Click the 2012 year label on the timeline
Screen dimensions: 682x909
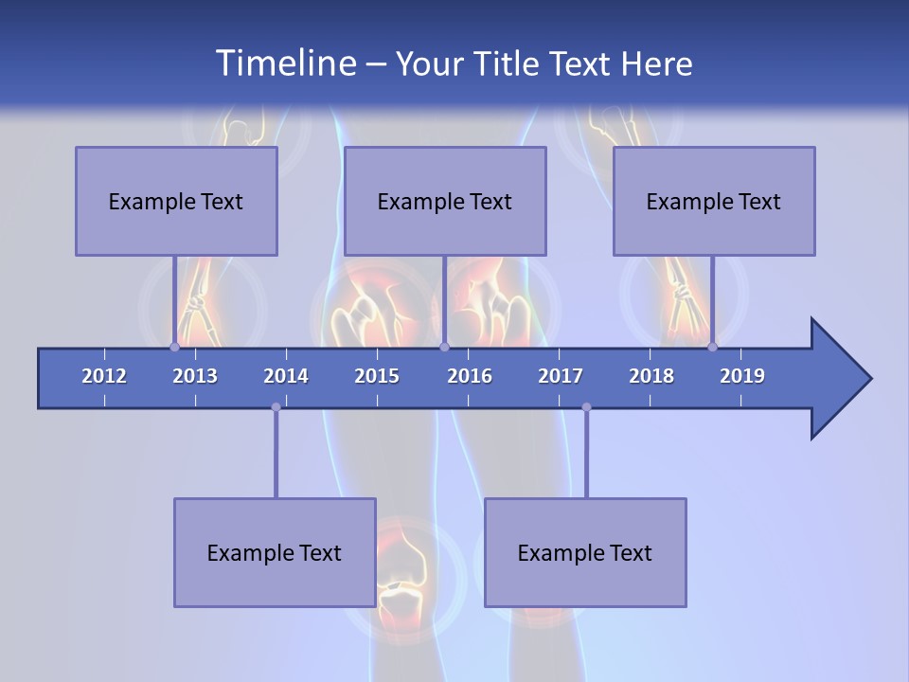[104, 376]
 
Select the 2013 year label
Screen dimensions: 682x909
[195, 376]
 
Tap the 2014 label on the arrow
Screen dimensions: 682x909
[286, 376]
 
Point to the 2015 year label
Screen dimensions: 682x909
[377, 376]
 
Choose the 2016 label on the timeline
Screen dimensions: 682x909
[470, 376]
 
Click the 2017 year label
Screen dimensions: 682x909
[561, 376]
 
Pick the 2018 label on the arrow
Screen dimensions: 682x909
[651, 376]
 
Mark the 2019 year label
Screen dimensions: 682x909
[742, 376]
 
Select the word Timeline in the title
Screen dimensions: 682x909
[285, 63]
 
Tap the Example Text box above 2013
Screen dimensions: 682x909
[176, 201]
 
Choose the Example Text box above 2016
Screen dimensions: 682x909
[445, 201]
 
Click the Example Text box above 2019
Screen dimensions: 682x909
[714, 201]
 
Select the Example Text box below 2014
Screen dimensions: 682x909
[275, 552]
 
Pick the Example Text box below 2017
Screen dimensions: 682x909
[585, 552]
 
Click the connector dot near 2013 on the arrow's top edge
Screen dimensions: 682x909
[175, 348]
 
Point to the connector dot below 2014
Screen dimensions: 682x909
[276, 407]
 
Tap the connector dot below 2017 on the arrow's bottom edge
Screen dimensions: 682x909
[586, 407]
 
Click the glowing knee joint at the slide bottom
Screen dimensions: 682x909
[403, 568]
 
